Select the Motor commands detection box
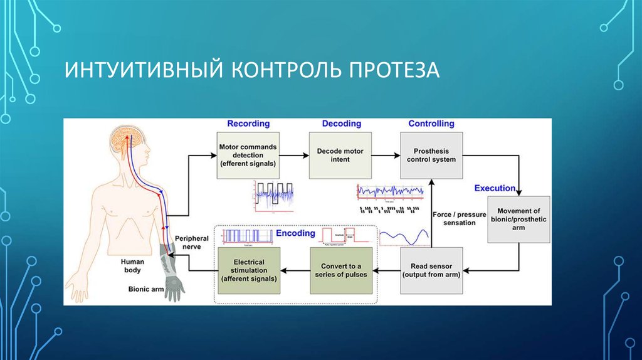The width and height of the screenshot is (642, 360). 248,156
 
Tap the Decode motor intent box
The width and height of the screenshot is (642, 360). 340,156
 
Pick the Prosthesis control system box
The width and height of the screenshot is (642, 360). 431,155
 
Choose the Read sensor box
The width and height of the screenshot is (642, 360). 431,270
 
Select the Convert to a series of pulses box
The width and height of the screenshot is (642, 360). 340,270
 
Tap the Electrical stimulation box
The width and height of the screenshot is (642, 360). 248,270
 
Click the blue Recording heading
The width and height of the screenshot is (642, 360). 248,124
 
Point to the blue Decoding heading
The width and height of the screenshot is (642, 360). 342,124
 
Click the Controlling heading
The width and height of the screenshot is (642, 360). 431,124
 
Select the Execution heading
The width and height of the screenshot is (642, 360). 495,188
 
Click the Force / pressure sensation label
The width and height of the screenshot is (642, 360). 459,219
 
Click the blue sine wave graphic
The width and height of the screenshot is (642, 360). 403,237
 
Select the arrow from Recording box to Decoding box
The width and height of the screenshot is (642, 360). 294,156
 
